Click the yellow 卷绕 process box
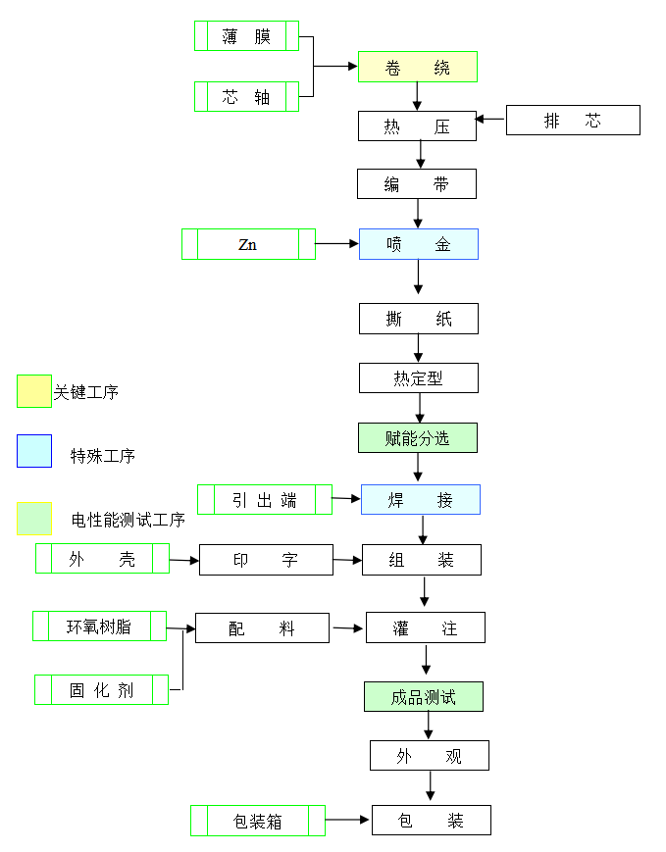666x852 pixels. pos(417,67)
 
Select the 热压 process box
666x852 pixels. pos(417,126)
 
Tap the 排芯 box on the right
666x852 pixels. pos(573,121)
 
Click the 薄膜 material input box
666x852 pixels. pos(246,36)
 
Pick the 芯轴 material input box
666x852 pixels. pos(246,97)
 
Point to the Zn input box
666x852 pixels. pos(248,244)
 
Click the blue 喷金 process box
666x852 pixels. pos(418,244)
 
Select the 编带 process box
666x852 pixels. pos(417,184)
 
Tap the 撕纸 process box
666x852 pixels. pos(419,319)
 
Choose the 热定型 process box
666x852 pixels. pos(419,378)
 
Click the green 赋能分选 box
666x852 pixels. pos(418,438)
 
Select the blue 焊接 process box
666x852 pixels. pos(421,500)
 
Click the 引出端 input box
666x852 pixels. pos(265,499)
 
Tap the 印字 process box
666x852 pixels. pos(265,560)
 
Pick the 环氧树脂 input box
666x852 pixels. pos(99,626)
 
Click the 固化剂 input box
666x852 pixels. pos(101,690)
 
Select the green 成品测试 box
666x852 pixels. pos(424,697)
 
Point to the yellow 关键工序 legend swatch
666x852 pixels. pos(34,390)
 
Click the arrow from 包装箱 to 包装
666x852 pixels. pos(348,819)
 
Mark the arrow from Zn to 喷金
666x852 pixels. pos(336,243)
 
